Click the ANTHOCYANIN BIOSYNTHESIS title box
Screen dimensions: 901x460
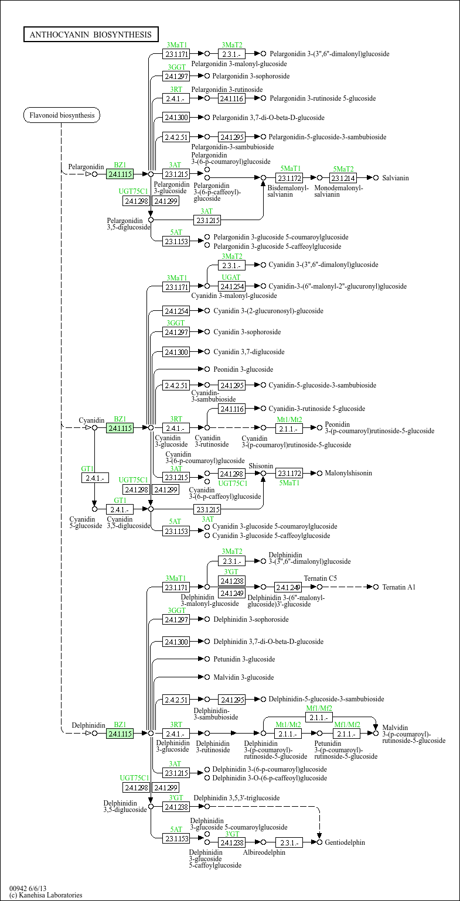[91, 35]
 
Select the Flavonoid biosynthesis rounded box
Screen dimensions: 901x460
[62, 115]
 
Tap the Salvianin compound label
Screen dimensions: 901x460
[395, 177]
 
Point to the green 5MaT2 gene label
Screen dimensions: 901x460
[343, 169]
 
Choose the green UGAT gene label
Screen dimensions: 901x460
[231, 278]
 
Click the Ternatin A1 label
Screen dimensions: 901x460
[398, 587]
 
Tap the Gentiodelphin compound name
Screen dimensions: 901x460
[345, 842]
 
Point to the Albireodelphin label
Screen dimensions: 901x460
[264, 852]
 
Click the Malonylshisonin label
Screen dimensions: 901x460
[348, 472]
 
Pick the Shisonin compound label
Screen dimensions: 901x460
[261, 465]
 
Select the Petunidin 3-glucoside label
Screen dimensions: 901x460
[244, 659]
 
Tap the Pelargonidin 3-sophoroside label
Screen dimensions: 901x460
[251, 76]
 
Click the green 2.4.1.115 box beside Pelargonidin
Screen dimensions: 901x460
[120, 174]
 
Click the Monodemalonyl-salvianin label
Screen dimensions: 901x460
[339, 191]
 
